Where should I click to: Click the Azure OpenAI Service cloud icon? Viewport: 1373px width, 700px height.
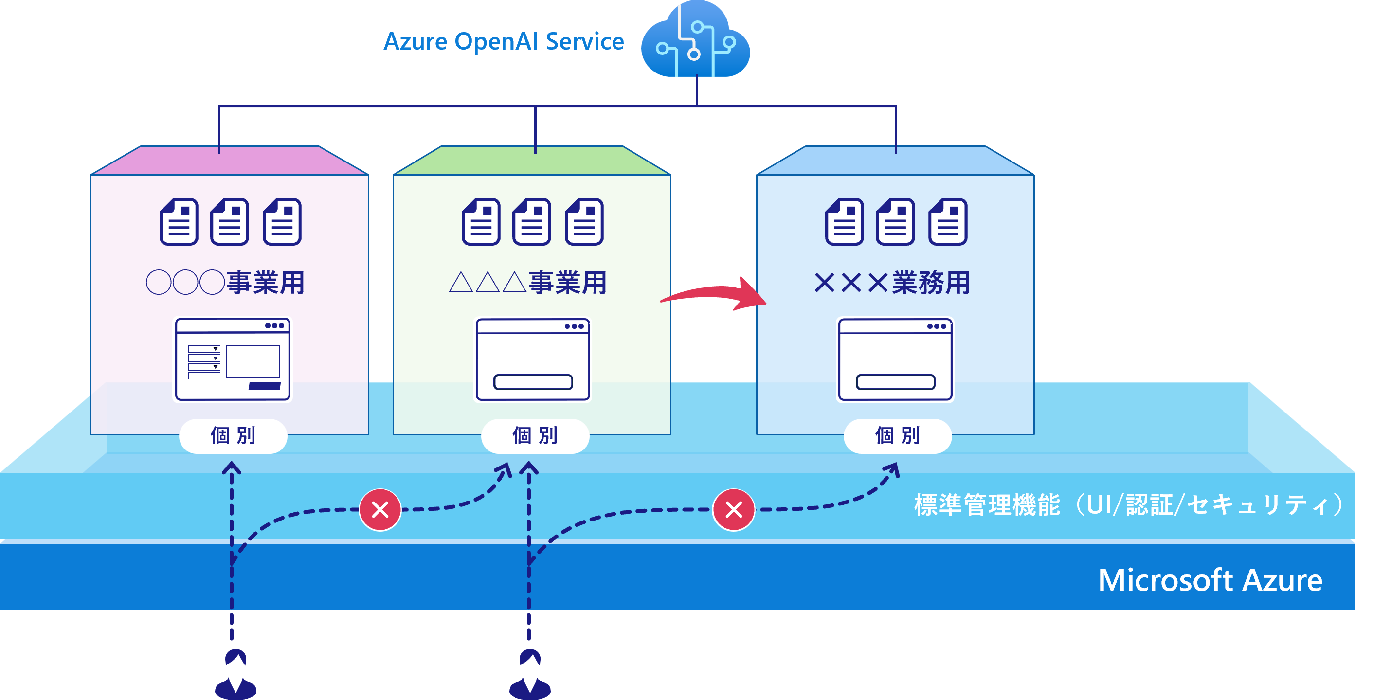[696, 40]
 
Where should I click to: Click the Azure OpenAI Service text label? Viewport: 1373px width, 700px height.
[504, 41]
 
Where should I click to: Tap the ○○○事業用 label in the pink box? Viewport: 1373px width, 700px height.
[225, 282]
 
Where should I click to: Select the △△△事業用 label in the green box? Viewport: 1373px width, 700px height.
[528, 282]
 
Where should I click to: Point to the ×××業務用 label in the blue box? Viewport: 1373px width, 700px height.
[892, 282]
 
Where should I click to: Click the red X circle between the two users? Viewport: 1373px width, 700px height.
[380, 510]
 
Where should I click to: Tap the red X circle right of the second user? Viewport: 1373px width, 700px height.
[734, 510]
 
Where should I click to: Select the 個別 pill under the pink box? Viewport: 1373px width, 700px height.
[233, 436]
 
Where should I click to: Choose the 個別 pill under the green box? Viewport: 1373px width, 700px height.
[535, 436]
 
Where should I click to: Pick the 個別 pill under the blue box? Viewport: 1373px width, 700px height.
[898, 436]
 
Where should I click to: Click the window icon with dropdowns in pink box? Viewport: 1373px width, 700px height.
[233, 359]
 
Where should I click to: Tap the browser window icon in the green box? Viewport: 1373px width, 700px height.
[533, 359]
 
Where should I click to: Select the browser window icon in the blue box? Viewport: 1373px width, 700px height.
[895, 359]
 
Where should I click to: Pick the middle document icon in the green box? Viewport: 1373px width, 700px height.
[531, 222]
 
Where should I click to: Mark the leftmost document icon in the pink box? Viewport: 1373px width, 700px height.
[179, 222]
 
